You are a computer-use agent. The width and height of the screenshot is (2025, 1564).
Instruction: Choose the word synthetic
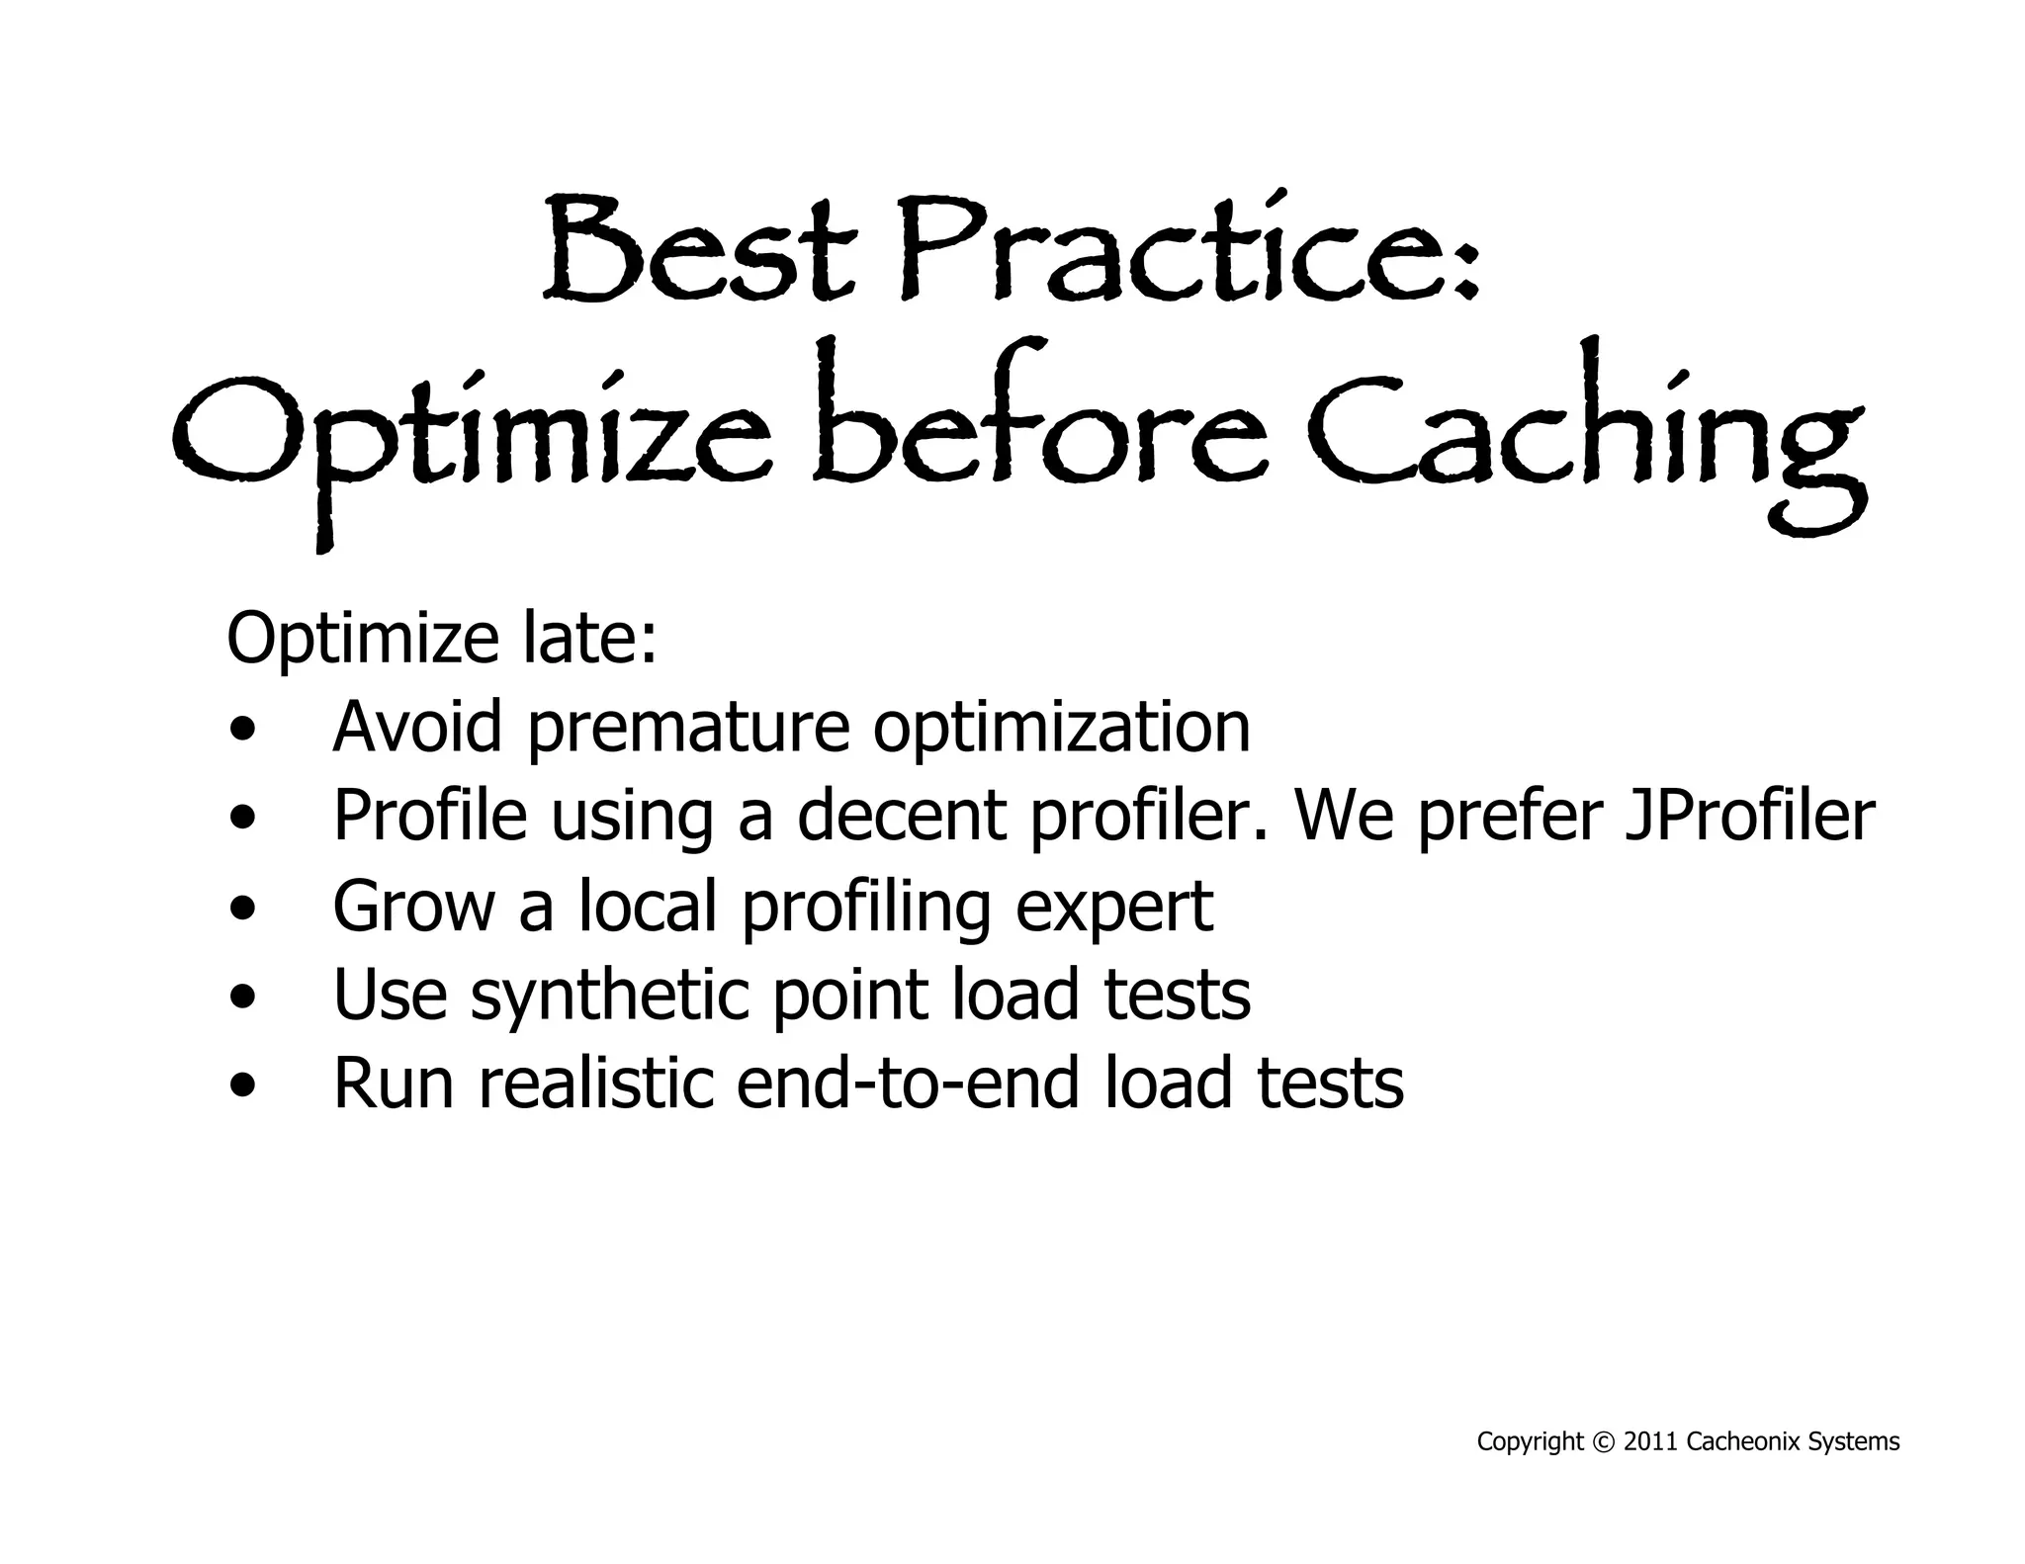click(x=609, y=997)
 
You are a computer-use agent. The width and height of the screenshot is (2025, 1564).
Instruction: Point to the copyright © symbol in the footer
click(x=1604, y=1442)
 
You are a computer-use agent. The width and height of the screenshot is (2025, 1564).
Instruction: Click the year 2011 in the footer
click(x=1651, y=1442)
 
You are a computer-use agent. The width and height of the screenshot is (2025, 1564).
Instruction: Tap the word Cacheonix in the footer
click(x=1743, y=1442)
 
